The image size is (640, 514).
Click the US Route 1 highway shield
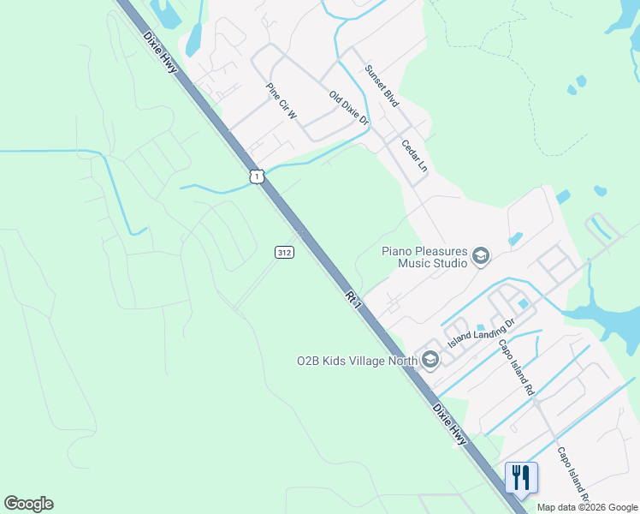[x=257, y=176]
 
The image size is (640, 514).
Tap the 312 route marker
[x=285, y=252]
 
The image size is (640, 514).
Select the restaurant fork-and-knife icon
[x=521, y=477]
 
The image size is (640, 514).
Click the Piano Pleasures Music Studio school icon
[x=481, y=256]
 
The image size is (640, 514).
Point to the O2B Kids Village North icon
[x=430, y=359]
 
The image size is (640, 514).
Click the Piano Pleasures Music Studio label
[x=424, y=257]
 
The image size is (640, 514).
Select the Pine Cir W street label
[x=280, y=100]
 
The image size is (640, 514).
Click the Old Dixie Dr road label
[x=348, y=109]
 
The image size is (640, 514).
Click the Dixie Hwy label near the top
[x=160, y=52]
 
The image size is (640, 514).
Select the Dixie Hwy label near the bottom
[x=450, y=423]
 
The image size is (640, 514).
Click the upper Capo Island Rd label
[x=517, y=364]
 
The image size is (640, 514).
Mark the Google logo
[x=28, y=504]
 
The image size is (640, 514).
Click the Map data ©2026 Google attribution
[x=588, y=507]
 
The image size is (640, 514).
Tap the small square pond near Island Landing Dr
[x=523, y=304]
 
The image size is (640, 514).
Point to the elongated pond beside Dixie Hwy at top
[x=194, y=39]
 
